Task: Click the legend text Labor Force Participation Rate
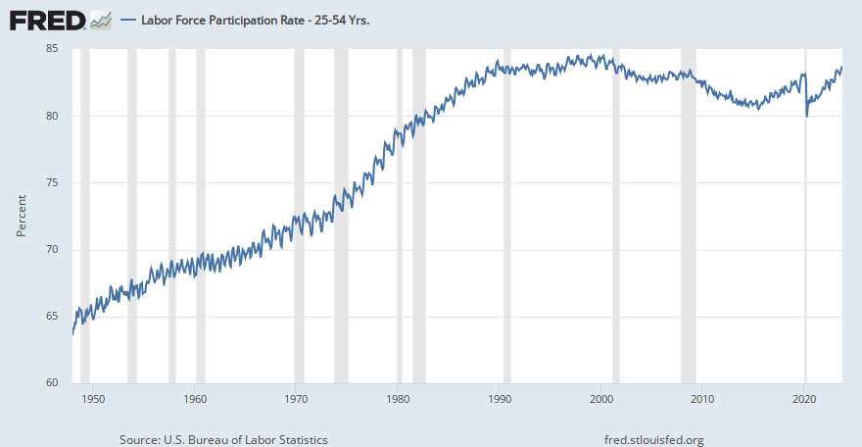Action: [x=249, y=19]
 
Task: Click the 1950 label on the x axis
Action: [x=93, y=399]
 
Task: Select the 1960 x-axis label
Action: [x=195, y=399]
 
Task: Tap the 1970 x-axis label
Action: [x=296, y=399]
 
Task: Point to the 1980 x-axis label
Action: [x=398, y=399]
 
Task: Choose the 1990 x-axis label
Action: [x=500, y=399]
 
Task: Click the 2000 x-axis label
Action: [x=601, y=399]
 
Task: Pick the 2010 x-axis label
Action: [x=702, y=399]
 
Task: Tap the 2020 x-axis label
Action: [x=804, y=399]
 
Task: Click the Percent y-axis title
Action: [x=22, y=216]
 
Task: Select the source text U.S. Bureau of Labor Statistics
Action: [x=223, y=439]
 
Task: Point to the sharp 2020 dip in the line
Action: [x=807, y=115]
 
